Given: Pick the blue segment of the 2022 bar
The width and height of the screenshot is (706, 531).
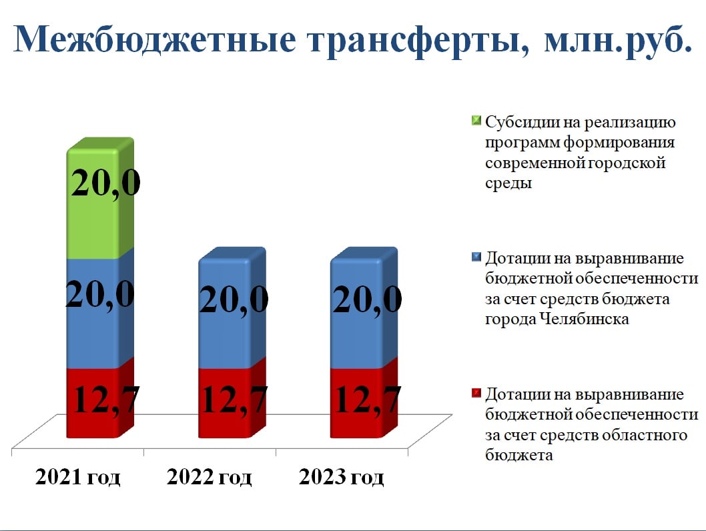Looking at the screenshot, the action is (x=232, y=308).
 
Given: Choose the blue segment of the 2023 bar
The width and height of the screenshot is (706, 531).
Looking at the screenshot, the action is (x=364, y=308).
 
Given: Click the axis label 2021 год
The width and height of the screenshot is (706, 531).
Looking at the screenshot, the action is (x=78, y=477).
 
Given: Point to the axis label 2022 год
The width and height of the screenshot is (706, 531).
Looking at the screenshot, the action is (x=210, y=477).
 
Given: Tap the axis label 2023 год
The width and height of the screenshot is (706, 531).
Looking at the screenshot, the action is (x=341, y=477).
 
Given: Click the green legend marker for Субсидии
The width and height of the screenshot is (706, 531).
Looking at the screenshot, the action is (x=476, y=121).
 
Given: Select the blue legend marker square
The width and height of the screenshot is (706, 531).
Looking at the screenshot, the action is (x=476, y=257).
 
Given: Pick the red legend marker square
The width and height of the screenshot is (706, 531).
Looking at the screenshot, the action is (x=476, y=394).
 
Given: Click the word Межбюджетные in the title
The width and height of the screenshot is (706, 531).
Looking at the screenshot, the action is (x=154, y=39).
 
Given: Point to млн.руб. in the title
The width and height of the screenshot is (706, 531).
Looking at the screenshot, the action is (x=618, y=41).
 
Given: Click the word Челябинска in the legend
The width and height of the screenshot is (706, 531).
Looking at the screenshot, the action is (x=584, y=319).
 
